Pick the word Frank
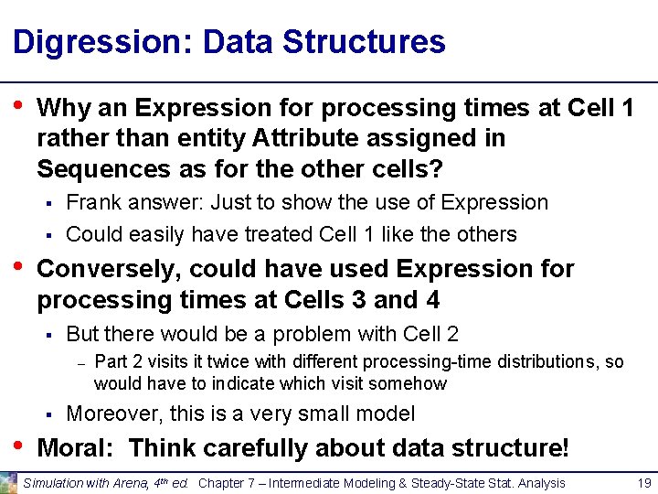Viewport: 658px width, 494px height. [94, 202]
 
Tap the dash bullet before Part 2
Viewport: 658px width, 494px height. [80, 362]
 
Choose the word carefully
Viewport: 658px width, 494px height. [249, 448]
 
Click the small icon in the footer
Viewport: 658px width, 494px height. [9, 481]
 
